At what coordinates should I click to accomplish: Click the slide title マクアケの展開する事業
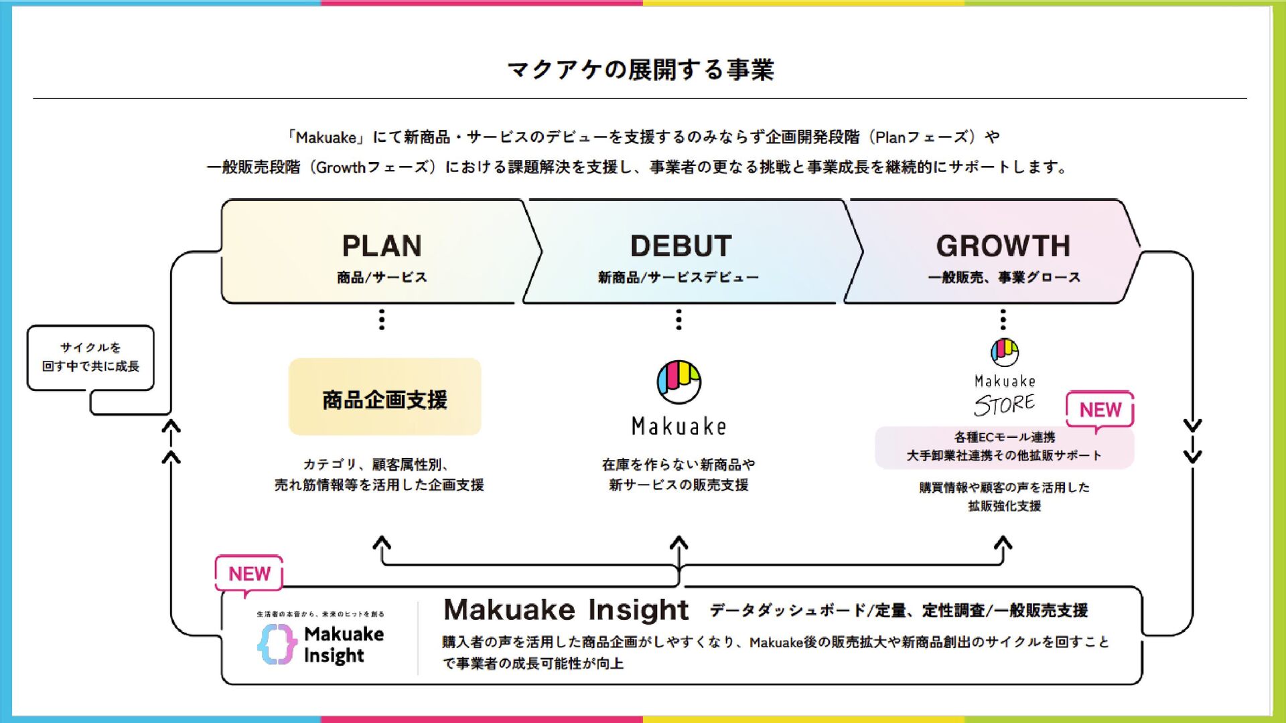641,70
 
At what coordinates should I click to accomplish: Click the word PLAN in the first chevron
382,246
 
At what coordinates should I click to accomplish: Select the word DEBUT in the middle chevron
681,246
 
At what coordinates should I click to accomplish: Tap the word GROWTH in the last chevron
1003,246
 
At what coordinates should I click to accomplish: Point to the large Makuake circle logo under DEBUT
678,382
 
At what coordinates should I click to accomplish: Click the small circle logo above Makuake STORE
1004,352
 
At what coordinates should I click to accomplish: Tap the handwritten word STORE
1004,404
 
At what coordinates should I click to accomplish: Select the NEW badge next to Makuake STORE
1100,410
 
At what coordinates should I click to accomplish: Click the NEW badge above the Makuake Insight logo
249,574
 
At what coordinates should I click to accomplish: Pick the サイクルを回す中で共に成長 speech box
90,357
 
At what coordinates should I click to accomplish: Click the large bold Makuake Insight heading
566,610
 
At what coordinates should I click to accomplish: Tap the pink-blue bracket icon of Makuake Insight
277,644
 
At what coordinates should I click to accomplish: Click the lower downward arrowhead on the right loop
1192,457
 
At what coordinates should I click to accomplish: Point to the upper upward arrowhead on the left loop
171,426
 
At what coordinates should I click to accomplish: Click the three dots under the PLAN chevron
382,319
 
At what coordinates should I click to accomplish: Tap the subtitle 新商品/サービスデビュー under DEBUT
678,277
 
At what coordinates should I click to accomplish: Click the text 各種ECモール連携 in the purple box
1004,437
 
